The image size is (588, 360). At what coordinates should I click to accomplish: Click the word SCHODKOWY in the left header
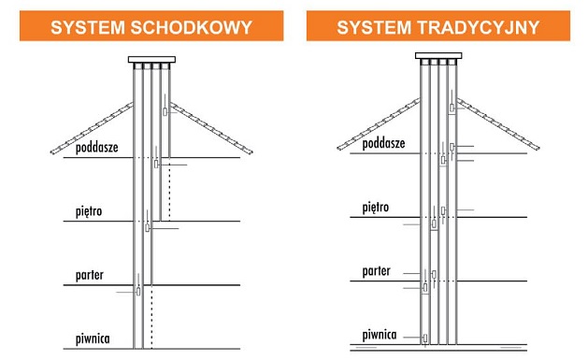[192, 27]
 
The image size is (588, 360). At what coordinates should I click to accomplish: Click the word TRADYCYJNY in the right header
[478, 27]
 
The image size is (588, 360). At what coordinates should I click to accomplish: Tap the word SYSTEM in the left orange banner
[88, 27]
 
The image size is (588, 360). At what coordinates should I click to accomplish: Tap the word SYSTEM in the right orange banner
[374, 27]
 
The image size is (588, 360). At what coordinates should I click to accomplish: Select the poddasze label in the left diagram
[96, 148]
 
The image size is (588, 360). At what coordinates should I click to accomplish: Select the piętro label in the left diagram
[89, 211]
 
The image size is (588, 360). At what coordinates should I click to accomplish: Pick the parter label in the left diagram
[89, 275]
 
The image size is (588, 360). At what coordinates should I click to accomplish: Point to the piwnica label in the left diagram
[93, 339]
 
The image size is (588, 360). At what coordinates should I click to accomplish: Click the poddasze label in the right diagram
[383, 143]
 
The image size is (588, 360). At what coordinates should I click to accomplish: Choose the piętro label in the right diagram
[376, 208]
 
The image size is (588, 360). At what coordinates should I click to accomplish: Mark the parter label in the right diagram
[376, 271]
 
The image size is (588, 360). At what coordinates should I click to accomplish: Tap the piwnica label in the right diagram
[380, 335]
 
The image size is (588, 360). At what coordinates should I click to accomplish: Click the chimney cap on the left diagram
[151, 60]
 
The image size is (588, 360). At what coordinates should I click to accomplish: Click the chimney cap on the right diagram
[438, 56]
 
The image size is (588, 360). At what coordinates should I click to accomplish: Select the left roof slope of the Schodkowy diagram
[92, 128]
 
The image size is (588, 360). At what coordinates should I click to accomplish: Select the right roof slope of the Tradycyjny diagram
[498, 123]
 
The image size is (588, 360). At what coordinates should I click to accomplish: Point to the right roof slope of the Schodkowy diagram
[211, 128]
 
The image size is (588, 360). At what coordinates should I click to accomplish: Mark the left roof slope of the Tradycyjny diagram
[379, 123]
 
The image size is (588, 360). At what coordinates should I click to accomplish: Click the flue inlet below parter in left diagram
[138, 292]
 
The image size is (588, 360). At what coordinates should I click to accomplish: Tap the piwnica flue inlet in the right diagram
[425, 338]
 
